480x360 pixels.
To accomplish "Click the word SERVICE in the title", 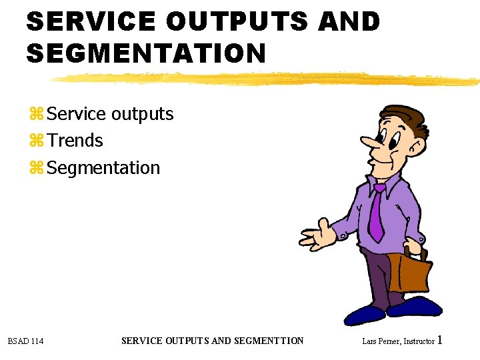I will [x=90, y=22].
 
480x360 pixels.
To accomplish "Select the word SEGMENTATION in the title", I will [x=146, y=53].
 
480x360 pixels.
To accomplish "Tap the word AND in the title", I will [x=349, y=22].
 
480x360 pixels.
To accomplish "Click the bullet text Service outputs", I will [x=111, y=114].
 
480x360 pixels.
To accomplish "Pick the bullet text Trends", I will [x=75, y=141].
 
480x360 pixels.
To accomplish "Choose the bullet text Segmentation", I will [x=104, y=167].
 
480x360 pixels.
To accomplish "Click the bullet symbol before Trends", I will [x=36, y=141].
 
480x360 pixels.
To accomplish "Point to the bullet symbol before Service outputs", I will [x=36, y=115].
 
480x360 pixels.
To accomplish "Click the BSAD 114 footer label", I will [x=25, y=341].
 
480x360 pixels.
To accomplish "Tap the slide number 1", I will [x=440, y=340].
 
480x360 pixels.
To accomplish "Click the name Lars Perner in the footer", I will [x=378, y=341].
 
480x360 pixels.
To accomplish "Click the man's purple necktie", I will [x=377, y=213].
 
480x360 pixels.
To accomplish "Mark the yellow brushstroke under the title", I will [x=267, y=79].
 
